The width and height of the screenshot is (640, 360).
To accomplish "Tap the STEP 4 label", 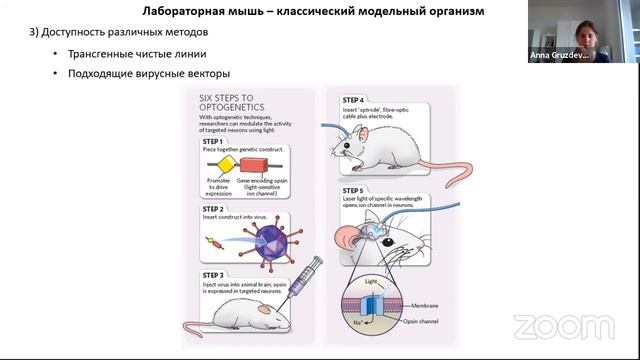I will [353, 100].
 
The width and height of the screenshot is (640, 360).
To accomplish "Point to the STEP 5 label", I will [353, 190].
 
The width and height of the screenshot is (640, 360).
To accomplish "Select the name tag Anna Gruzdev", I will [558, 56].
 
